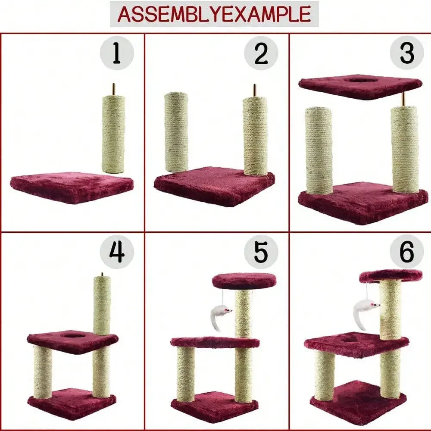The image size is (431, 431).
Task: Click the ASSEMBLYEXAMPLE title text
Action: click(214, 14)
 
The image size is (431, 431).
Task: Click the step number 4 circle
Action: click(117, 252)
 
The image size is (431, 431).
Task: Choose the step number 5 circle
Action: click(261, 252)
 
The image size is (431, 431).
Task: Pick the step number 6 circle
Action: click(406, 252)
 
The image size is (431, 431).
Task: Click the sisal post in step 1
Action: click(113, 134)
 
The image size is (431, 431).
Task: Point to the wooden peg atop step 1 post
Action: click(114, 89)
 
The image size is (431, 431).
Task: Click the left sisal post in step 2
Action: click(176, 131)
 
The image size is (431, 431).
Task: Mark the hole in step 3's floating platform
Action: click(361, 80)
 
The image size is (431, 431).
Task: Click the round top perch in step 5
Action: click(244, 281)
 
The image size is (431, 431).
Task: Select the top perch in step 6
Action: click(391, 275)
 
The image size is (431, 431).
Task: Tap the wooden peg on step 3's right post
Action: click(404, 99)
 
